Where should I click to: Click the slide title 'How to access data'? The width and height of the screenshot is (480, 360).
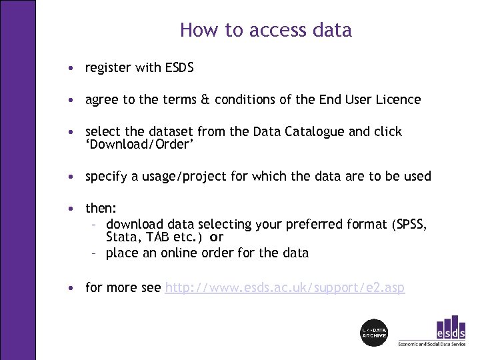pos(265,30)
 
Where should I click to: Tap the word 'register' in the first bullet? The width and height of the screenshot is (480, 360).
pos(107,68)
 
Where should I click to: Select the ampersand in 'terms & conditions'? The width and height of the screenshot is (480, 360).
pos(204,100)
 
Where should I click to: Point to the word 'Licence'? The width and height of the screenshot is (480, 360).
pos(397,100)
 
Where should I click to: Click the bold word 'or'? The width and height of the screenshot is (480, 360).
pos(216,237)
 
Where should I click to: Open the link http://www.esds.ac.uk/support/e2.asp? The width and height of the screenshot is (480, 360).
pos(285,288)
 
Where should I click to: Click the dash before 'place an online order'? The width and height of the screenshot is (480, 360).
pos(94,253)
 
